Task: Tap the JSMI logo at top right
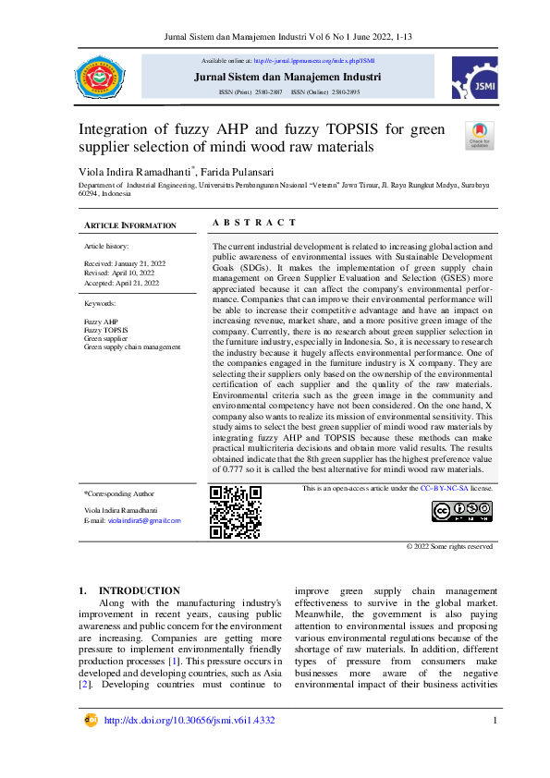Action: [x=474, y=77]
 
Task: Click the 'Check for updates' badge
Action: [x=479, y=135]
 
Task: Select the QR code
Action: [x=235, y=511]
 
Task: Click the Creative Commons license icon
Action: [x=462, y=511]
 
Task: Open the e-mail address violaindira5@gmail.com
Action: [x=144, y=521]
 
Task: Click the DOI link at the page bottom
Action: [x=189, y=721]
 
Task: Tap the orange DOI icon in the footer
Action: [x=91, y=720]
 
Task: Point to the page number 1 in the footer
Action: [x=495, y=721]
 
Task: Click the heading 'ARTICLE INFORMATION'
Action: [x=129, y=225]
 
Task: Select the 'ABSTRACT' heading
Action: [x=254, y=223]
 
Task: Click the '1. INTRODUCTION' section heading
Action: [x=129, y=590]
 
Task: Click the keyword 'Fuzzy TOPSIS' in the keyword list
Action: [x=106, y=330]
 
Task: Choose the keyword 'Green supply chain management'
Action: [x=132, y=346]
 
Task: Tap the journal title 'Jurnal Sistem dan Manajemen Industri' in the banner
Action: [x=287, y=77]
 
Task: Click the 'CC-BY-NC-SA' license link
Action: [x=445, y=488]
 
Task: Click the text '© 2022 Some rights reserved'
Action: [x=450, y=546]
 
